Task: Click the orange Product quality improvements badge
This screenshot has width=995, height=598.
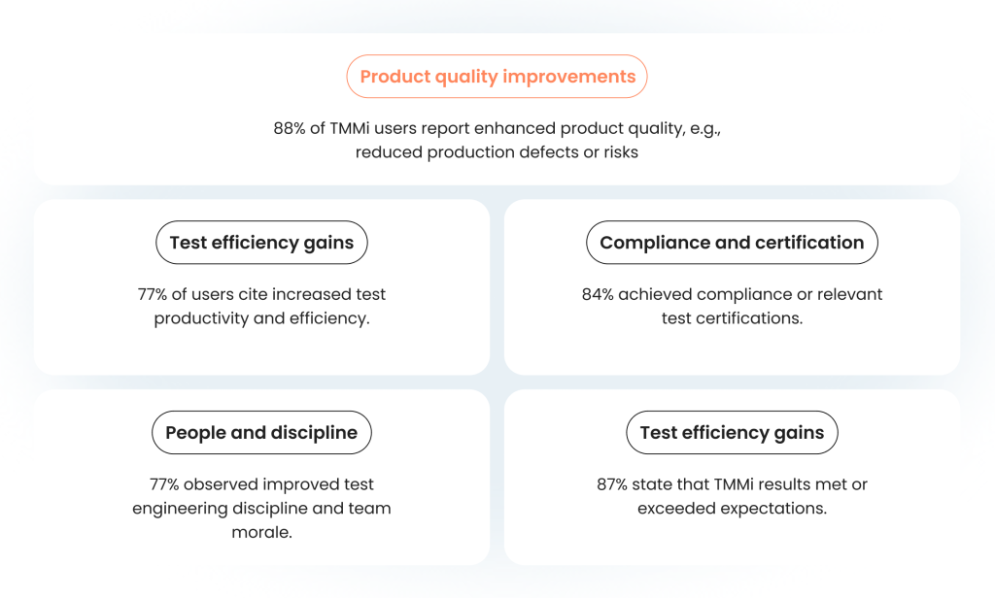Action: (497, 76)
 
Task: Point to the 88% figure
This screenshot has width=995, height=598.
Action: (290, 129)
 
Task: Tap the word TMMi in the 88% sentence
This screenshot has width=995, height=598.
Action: (349, 129)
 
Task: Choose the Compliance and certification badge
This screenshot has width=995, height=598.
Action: (732, 243)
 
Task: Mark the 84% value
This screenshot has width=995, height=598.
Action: (598, 294)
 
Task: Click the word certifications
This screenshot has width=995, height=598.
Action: (758, 318)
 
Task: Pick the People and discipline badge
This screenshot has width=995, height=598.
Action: (261, 433)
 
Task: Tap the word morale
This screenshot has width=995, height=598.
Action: (261, 532)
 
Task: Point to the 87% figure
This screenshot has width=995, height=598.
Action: (612, 484)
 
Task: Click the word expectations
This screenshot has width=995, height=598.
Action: (773, 509)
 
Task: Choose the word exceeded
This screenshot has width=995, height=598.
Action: (676, 509)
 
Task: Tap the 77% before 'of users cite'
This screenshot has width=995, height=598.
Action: (153, 294)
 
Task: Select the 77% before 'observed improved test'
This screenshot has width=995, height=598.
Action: (164, 484)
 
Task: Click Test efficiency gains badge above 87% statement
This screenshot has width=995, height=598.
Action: (732, 433)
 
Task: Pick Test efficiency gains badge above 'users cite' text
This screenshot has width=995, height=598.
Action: (261, 243)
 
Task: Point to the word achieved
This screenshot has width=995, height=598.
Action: (655, 294)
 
